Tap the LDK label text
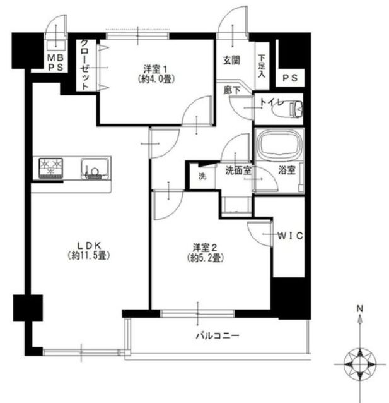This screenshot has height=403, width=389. [x=89, y=245]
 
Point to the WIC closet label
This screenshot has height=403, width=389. [x=290, y=236]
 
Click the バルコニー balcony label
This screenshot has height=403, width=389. [x=218, y=335]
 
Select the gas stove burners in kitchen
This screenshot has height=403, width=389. [x=51, y=169]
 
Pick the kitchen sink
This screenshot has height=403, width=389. [x=95, y=169]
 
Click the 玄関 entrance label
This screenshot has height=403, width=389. [x=231, y=61]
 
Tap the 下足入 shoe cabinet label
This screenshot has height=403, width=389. [x=262, y=66]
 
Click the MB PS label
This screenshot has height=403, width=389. [x=55, y=63]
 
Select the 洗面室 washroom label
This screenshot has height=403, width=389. [x=238, y=171]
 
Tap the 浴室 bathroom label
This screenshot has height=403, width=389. [x=287, y=170]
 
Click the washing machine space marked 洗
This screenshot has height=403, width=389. [x=202, y=176]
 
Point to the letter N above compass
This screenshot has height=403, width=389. [x=360, y=308]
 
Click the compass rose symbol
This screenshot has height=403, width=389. [x=360, y=364]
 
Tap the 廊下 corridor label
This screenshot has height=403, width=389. [x=232, y=90]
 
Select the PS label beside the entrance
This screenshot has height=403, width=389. [x=290, y=78]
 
